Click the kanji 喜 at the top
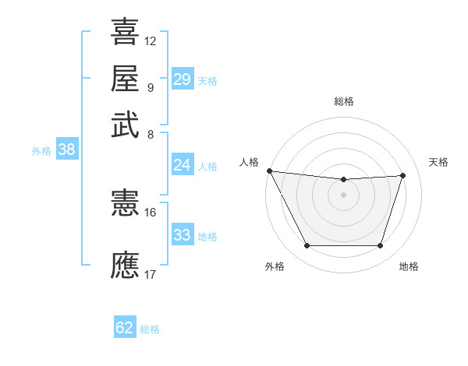click(126, 32)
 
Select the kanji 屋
click(126, 79)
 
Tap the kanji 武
click(126, 125)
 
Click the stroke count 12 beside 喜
click(151, 40)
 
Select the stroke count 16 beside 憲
click(151, 212)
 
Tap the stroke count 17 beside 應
click(151, 274)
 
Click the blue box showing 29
click(183, 79)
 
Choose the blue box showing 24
click(183, 164)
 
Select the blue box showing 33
click(183, 235)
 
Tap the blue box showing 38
click(66, 150)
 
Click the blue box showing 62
click(125, 328)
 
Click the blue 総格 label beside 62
click(150, 329)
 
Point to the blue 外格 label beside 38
click(41, 151)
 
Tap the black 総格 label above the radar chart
click(343, 101)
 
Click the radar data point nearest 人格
click(269, 171)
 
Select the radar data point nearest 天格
click(402, 175)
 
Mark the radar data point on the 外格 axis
click(307, 246)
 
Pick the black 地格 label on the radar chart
click(409, 266)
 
